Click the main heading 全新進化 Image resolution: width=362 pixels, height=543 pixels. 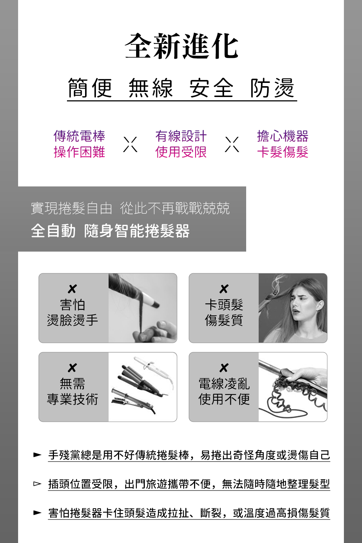tap(181, 46)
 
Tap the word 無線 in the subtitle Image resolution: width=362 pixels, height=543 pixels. tap(151, 88)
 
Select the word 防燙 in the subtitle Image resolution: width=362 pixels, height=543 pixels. tap(272, 88)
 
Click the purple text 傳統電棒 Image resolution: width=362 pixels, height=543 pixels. tap(79, 136)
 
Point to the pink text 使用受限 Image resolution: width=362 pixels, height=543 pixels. tap(181, 152)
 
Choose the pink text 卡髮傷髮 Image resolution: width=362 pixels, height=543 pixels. tap(283, 152)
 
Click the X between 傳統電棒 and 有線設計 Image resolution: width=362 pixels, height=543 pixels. tap(130, 144)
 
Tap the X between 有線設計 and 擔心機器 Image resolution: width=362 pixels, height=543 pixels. tap(232, 144)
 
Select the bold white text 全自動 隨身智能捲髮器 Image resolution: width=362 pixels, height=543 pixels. tap(110, 231)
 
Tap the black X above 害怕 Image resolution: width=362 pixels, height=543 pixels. tap(72, 289)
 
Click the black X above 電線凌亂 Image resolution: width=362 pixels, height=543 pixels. tap(224, 368)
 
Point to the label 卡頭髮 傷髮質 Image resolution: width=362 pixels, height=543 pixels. tap(224, 312)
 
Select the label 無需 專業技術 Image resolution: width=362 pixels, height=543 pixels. tap(72, 391)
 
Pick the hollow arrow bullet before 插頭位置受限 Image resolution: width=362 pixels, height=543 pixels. tap(37, 484)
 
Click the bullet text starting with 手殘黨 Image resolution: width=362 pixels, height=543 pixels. tap(189, 455)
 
